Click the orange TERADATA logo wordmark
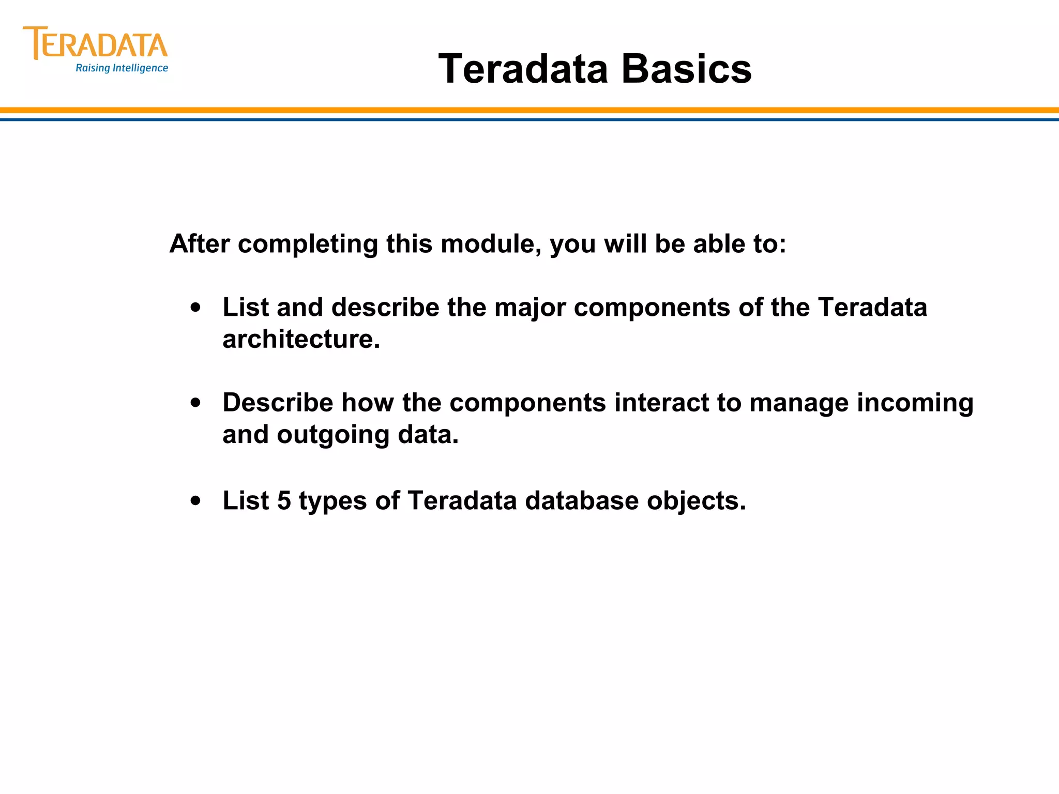(96, 44)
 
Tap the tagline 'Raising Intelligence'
(122, 68)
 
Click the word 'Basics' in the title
(686, 69)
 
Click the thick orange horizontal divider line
(529, 110)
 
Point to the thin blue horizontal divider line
(529, 119)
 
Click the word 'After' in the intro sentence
(199, 243)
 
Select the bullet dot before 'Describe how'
(195, 403)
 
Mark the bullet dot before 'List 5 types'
(195, 500)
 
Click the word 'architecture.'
(301, 340)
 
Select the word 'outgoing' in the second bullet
(332, 435)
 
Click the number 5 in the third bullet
(284, 500)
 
